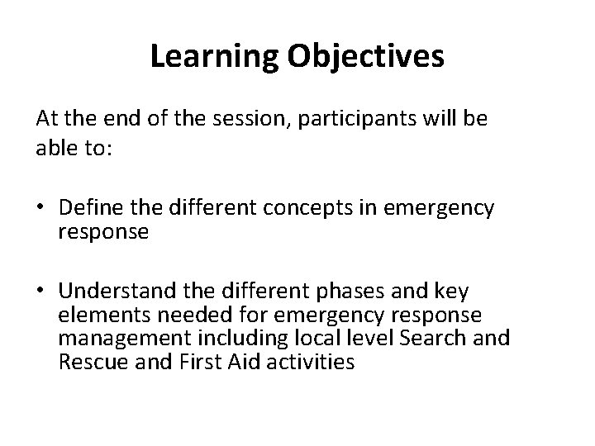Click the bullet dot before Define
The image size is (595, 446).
click(43, 209)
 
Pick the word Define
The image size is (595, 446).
click(89, 209)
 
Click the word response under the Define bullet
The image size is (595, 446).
click(103, 232)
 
